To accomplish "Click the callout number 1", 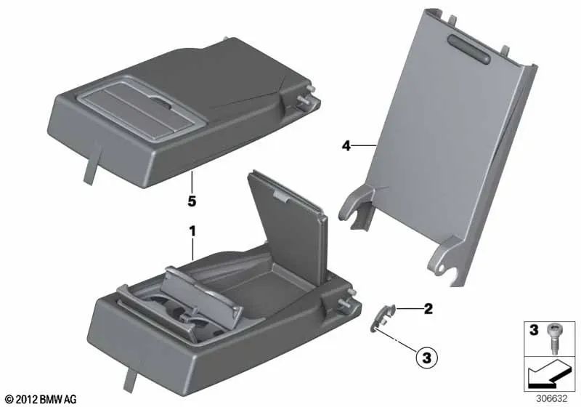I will (x=192, y=231).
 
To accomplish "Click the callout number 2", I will (x=428, y=310).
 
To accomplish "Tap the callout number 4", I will (x=346, y=147).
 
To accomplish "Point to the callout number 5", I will (x=192, y=198).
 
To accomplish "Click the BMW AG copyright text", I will (x=41, y=399).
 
